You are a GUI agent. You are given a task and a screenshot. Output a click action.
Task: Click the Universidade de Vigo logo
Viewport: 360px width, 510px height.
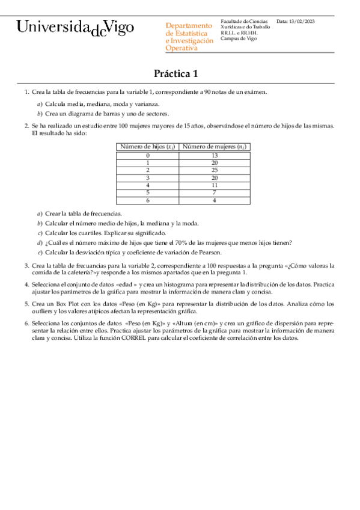pos(75,28)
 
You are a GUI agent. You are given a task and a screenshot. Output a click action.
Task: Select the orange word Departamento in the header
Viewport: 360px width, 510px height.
pos(189,26)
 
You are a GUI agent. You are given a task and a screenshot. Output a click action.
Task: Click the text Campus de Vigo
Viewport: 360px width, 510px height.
pos(239,38)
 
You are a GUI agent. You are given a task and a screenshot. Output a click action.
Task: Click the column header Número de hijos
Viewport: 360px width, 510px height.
pos(147,146)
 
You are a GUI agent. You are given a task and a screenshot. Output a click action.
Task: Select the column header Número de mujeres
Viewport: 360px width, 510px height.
pos(215,146)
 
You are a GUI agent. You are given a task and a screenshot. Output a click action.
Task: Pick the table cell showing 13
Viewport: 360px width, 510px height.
pos(215,155)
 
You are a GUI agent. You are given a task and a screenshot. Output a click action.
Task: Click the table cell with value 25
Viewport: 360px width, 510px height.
pos(215,170)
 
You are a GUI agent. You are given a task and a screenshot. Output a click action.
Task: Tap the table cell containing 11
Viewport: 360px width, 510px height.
pos(215,185)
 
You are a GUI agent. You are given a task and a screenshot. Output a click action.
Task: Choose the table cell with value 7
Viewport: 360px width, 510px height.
pos(215,192)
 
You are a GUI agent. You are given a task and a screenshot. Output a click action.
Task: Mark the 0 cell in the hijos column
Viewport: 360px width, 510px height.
pos(147,155)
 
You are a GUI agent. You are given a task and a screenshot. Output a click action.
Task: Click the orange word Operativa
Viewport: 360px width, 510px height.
pos(182,48)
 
